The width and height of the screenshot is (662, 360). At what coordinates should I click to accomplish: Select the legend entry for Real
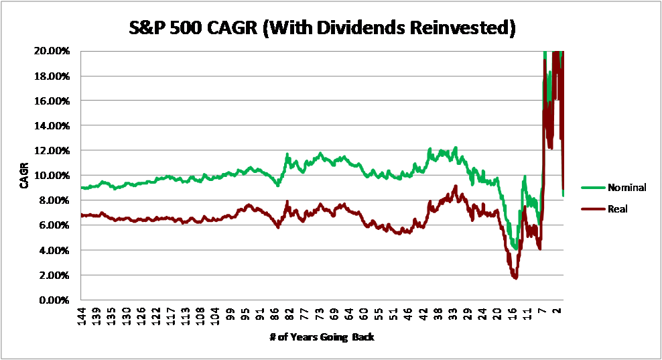tap(617, 209)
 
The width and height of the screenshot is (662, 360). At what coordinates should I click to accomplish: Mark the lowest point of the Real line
tap(515, 277)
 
